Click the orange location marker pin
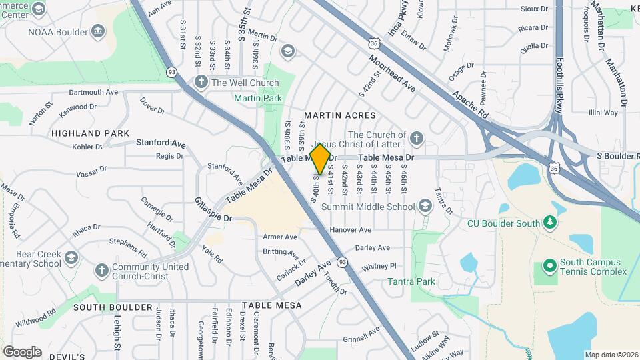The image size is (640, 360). click(x=321, y=159)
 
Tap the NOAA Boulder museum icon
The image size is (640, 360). click(x=98, y=30)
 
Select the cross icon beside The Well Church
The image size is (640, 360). click(x=201, y=82)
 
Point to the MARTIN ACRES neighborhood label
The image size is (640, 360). click(x=335, y=115)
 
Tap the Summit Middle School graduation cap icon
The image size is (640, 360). click(x=425, y=207)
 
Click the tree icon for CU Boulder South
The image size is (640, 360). click(x=549, y=222)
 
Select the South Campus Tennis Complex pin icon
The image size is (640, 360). click(x=549, y=267)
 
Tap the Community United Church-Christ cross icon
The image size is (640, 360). click(x=101, y=271)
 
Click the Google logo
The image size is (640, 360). click(x=22, y=351)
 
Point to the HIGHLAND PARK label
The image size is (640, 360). click(x=91, y=133)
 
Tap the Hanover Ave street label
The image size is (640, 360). click(x=350, y=229)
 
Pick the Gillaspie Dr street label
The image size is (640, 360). click(x=213, y=209)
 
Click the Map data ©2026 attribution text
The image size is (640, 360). click(x=611, y=354)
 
